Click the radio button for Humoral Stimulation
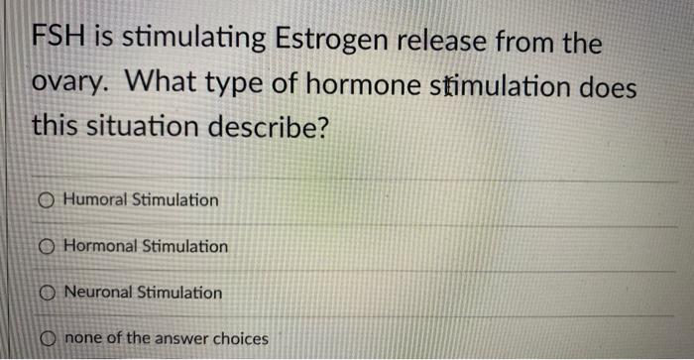coord(48,200)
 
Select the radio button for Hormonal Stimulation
coord(48,247)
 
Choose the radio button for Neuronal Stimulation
coord(48,294)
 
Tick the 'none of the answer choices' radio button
coord(48,339)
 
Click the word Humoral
coord(95,200)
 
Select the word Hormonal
coord(100,246)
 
